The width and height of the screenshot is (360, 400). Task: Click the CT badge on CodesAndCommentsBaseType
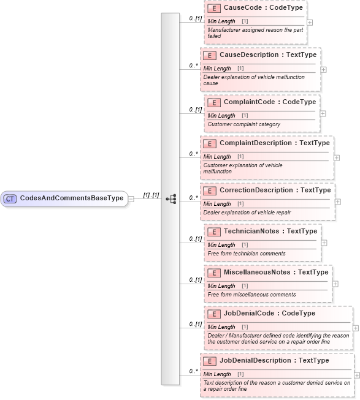tap(10, 198)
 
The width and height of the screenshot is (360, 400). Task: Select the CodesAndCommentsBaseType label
tap(71, 198)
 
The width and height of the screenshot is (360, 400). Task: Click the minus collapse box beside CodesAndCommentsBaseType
tap(131, 198)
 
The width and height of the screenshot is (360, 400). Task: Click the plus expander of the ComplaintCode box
tap(323, 113)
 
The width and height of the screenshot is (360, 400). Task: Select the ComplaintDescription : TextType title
tap(274, 143)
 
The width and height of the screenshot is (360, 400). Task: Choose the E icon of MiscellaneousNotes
tap(214, 273)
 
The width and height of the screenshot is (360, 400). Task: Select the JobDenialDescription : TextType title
tap(274, 361)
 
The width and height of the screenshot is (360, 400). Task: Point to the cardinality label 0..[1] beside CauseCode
tap(195, 19)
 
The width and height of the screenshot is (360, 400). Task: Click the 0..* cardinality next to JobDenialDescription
tap(193, 371)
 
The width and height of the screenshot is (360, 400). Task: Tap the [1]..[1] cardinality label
tap(151, 195)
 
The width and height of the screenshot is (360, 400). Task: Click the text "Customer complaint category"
tap(243, 124)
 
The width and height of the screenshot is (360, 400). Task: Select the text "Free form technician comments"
tap(246, 254)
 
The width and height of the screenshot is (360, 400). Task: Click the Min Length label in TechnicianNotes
tap(221, 245)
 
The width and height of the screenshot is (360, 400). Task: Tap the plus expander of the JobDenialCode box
tap(356, 328)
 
